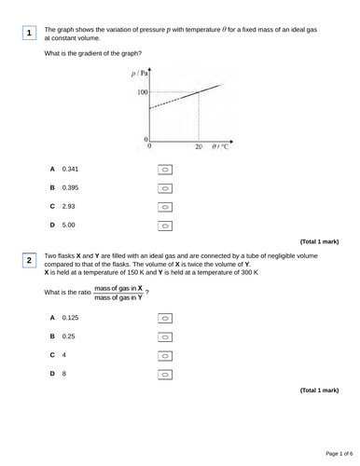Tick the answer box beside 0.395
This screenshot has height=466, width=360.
(x=164, y=188)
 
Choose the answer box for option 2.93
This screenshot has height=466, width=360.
(x=164, y=207)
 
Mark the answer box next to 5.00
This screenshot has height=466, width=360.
(x=164, y=226)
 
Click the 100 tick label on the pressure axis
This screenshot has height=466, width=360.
(x=141, y=92)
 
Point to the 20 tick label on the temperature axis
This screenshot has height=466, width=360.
(x=198, y=146)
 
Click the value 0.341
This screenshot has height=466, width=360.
(x=70, y=170)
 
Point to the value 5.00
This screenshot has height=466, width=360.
(x=68, y=226)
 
